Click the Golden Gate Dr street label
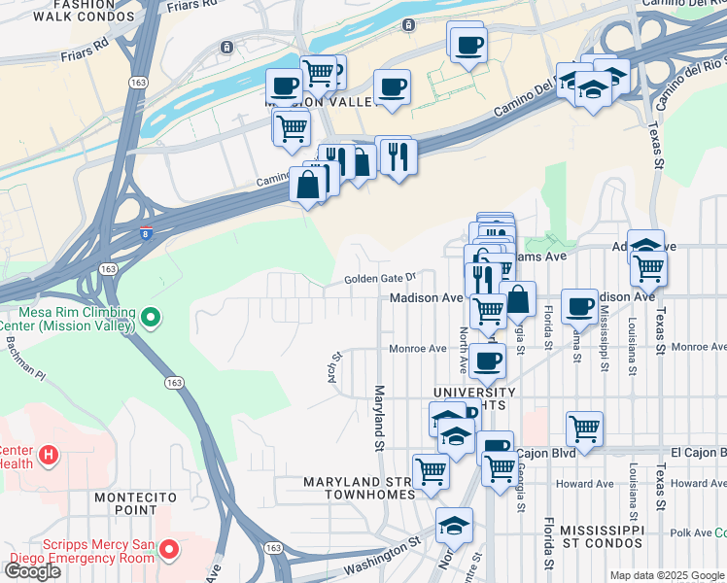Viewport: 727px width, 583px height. click(379, 279)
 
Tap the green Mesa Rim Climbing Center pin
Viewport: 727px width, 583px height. click(150, 317)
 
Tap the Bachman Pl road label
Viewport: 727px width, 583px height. click(22, 360)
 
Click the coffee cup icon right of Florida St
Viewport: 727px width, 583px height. click(579, 305)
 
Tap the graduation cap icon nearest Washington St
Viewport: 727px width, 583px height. click(454, 526)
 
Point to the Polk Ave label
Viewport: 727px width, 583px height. click(691, 533)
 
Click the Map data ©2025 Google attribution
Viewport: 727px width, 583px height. click(667, 575)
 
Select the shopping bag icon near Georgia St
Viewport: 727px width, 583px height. click(518, 298)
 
